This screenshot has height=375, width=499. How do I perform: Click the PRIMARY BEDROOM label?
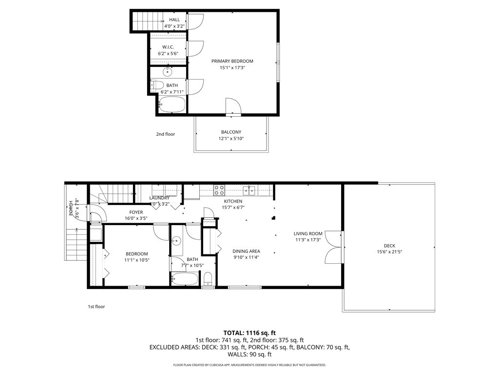232,61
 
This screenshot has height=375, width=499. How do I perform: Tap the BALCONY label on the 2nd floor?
231,132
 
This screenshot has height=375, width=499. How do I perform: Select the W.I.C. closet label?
168,47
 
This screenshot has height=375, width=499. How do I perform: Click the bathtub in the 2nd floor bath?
173,104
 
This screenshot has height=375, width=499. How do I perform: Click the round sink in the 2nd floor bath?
168,72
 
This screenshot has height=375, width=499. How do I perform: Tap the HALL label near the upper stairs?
174,20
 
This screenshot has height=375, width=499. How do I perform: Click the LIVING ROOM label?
308,233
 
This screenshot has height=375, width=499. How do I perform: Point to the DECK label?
389,246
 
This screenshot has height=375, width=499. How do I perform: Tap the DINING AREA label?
246,251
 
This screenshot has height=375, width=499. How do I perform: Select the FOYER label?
136,212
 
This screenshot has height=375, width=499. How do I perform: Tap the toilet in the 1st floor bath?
209,280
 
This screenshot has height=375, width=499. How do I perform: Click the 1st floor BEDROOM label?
136,254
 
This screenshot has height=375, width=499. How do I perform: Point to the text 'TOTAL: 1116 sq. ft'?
249,332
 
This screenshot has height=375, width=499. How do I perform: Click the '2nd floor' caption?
165,134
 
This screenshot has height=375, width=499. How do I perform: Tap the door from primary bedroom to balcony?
233,106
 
